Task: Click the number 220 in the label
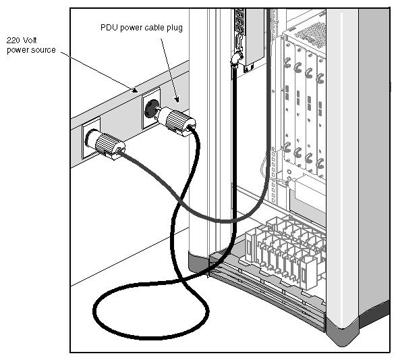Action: [x=13, y=41]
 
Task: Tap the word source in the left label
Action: [x=42, y=49]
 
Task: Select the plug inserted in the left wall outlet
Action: [x=108, y=144]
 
